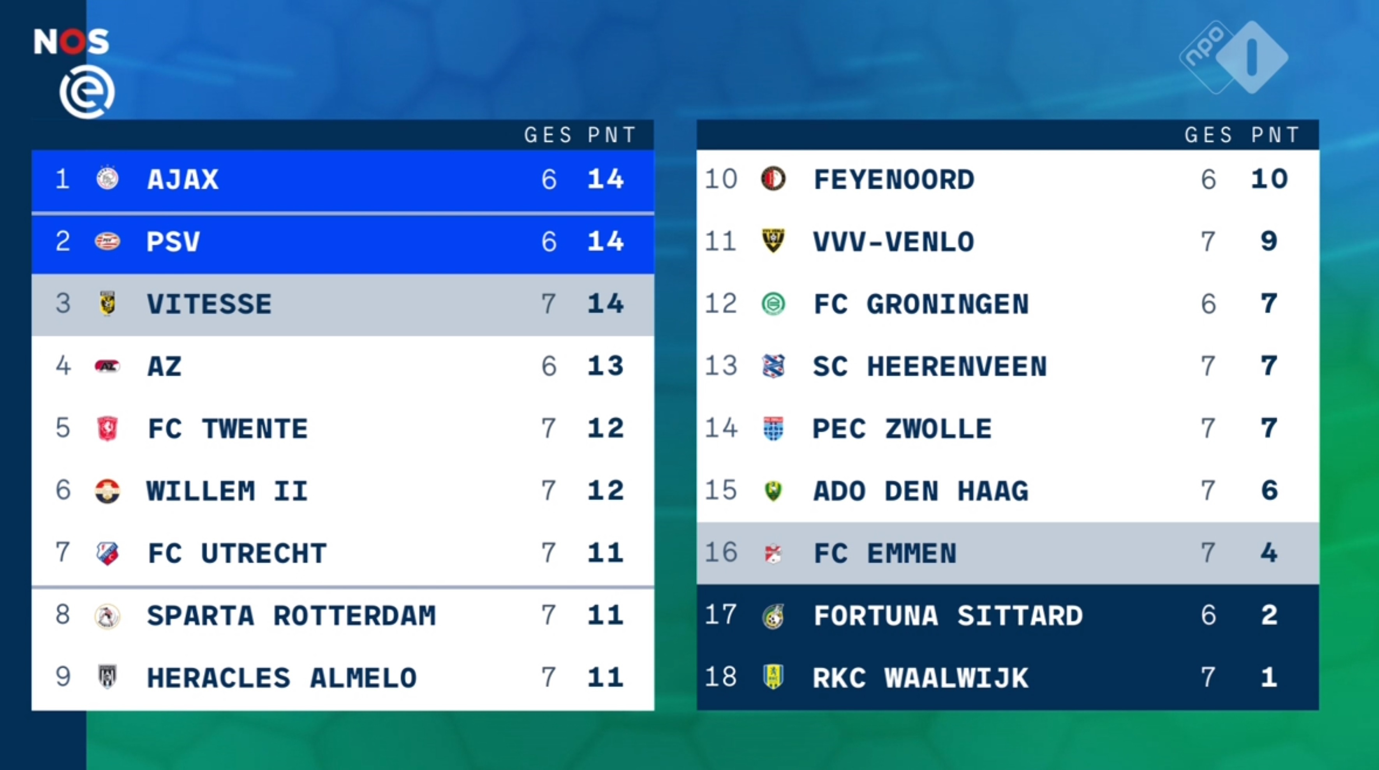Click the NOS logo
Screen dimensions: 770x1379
71,41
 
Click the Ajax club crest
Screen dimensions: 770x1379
107,178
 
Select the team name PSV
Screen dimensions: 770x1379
173,241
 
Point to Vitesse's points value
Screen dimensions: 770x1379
606,304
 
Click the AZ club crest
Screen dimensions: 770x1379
107,366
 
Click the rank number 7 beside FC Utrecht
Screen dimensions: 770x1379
63,553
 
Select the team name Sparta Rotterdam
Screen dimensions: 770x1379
291,615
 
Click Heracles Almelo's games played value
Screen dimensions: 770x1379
548,677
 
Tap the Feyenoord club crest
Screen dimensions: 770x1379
773,179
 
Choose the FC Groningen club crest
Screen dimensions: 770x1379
773,304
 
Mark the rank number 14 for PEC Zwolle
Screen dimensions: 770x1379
720,428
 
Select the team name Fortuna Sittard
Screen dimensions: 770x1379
948,615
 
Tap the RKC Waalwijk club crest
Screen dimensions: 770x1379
773,677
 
